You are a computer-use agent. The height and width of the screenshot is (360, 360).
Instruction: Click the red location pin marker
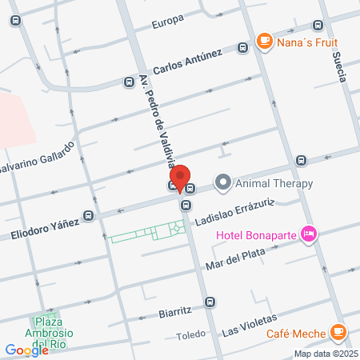(x=181, y=178)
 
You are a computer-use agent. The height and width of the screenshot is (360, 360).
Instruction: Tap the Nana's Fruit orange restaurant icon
(x=263, y=40)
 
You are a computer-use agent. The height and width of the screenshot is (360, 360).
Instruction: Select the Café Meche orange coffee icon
(x=338, y=330)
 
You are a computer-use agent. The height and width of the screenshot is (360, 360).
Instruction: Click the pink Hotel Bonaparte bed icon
(x=310, y=234)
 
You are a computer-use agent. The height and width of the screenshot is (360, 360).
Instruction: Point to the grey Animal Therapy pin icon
(x=223, y=183)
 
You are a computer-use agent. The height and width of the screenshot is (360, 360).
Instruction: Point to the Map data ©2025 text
(x=325, y=353)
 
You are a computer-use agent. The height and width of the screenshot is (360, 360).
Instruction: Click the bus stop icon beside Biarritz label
(x=209, y=302)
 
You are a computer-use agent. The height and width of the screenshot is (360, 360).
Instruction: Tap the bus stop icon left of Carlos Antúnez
(x=126, y=81)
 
